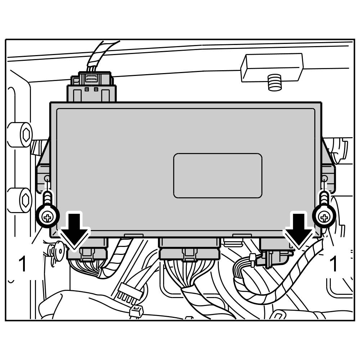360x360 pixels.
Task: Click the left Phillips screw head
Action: [x=47, y=216]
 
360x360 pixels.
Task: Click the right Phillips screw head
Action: [x=324, y=216]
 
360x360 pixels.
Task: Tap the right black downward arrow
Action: [x=298, y=230]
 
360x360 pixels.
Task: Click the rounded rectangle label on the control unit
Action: [x=218, y=176]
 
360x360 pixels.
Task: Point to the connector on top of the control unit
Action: [x=92, y=88]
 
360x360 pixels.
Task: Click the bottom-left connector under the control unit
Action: [x=87, y=252]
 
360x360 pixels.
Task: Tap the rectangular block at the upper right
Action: [x=272, y=67]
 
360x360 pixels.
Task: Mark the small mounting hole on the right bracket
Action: [x=324, y=178]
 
